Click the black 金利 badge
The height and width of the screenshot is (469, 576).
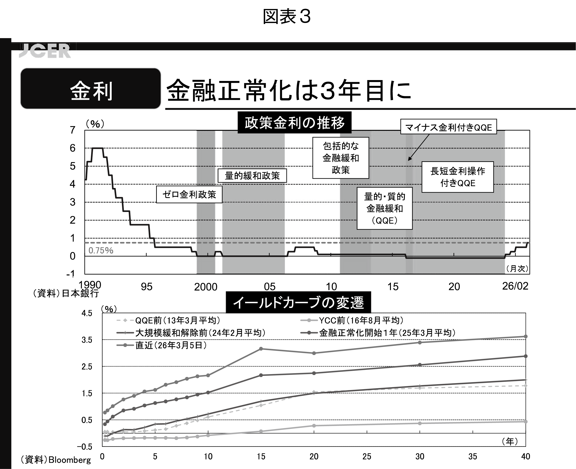[91, 89]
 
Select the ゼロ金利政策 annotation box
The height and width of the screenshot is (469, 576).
[189, 194]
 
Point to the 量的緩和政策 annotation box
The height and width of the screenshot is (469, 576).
[252, 176]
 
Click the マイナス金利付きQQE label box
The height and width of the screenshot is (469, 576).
[448, 127]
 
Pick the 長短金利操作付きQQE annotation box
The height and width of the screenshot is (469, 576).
[458, 177]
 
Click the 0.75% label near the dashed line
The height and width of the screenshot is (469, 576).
[101, 251]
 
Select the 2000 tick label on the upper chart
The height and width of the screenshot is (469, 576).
[206, 287]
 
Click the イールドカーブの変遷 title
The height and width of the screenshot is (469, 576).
[298, 302]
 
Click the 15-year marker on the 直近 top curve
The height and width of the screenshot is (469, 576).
[261, 349]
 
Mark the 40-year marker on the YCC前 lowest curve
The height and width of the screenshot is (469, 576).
[525, 421]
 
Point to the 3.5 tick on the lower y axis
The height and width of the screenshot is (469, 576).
[87, 340]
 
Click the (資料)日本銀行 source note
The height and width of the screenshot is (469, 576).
[66, 293]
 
